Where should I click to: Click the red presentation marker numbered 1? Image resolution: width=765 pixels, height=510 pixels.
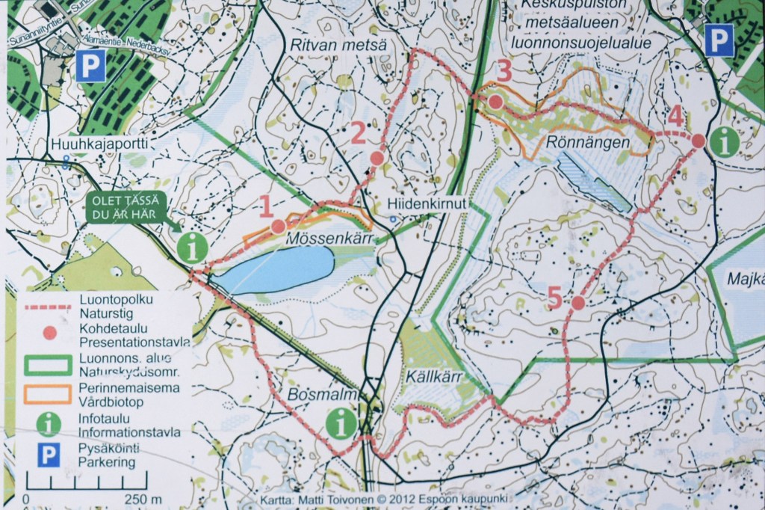(278, 226)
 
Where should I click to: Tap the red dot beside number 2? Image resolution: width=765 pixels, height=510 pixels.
(377, 159)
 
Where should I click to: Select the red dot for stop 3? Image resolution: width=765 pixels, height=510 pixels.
(495, 101)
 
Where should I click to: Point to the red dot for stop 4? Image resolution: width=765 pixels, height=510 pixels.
(698, 141)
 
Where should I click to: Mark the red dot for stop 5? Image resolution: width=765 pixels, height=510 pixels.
(577, 303)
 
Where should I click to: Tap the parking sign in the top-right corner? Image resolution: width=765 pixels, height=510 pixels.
(719, 40)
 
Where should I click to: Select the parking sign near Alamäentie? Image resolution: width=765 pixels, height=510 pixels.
(90, 67)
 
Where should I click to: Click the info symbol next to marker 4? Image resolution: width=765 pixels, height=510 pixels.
(724, 142)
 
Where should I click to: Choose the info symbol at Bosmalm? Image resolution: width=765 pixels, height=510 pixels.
(341, 423)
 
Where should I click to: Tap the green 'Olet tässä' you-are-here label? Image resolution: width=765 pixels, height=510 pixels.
(126, 207)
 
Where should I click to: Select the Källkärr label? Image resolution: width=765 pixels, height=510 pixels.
(430, 375)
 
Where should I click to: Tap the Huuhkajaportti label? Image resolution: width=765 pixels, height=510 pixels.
(98, 142)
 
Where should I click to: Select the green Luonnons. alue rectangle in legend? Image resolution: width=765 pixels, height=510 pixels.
(49, 366)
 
